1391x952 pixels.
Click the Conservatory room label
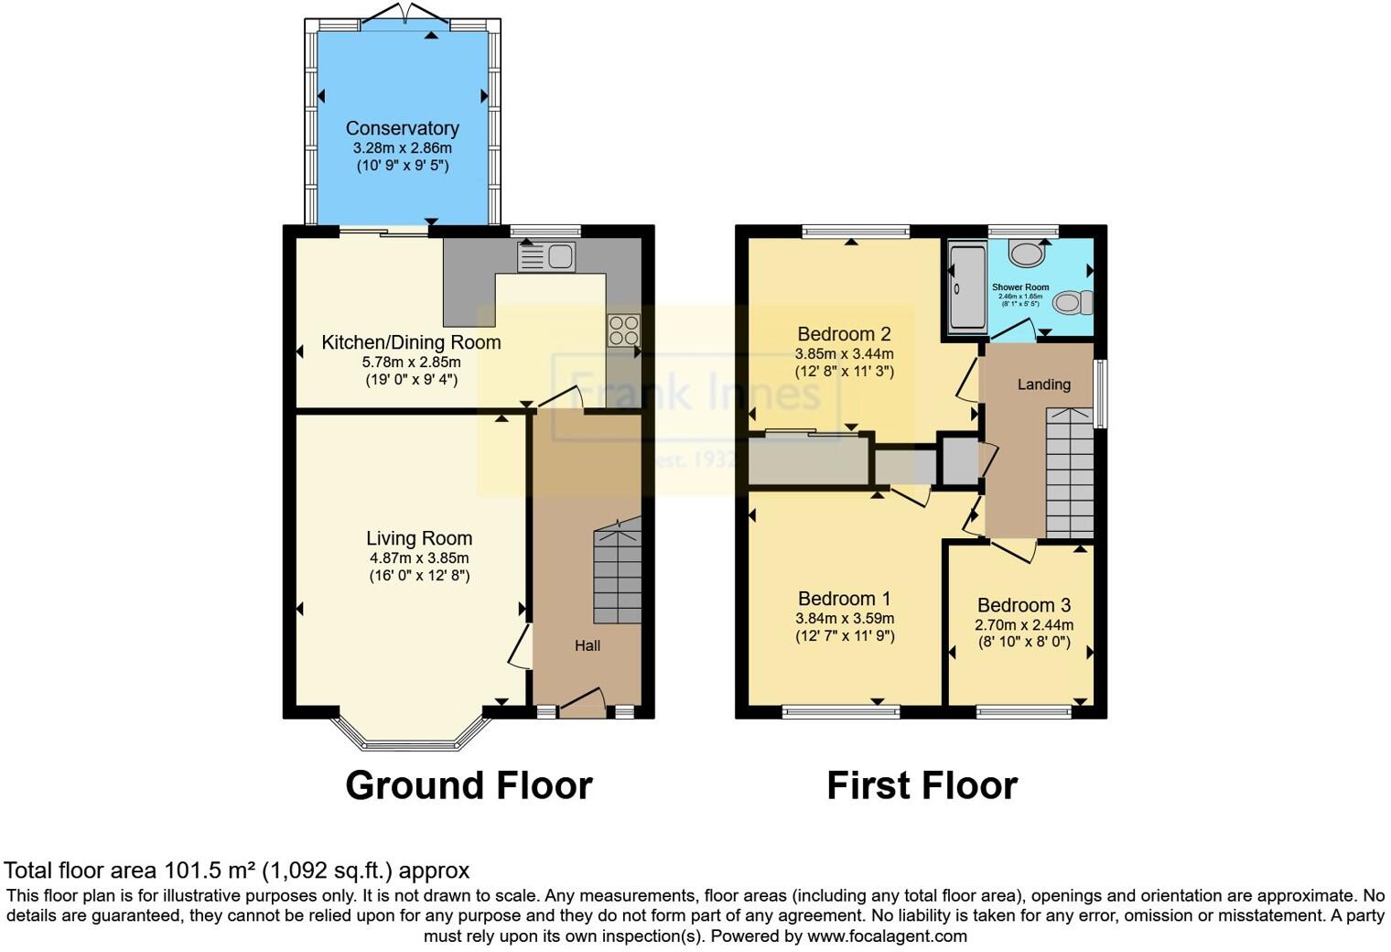point(402,128)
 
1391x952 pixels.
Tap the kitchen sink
point(546,257)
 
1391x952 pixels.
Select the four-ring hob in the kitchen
point(623,330)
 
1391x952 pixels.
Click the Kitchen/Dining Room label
point(411,342)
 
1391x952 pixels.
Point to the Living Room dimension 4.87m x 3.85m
point(418,557)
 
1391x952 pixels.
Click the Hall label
point(588,645)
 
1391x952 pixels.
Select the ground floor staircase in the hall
point(617,573)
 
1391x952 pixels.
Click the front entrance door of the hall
point(582,705)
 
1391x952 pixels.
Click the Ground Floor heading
point(469,785)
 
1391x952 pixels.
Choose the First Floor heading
point(922,785)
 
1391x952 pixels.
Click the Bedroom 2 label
point(844,334)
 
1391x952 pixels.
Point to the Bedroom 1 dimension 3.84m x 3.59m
point(845,618)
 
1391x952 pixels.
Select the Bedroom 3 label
point(1023,605)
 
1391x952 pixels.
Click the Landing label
point(1043,384)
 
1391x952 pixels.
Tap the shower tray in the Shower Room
point(966,287)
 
